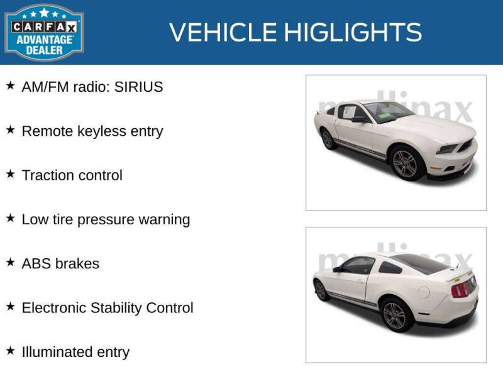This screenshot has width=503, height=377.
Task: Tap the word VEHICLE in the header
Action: (x=223, y=32)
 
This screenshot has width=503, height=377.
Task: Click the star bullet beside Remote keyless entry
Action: (x=10, y=130)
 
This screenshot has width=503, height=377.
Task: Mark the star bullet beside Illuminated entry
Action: (x=10, y=351)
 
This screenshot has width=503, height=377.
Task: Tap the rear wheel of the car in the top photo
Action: (x=328, y=139)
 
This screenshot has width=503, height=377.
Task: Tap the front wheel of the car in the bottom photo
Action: (x=321, y=290)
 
